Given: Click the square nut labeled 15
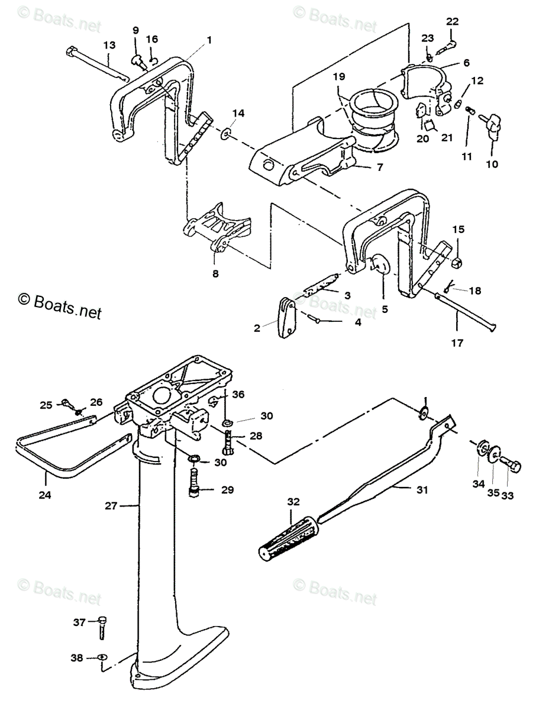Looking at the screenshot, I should [458, 261].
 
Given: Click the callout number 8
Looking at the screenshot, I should [216, 273].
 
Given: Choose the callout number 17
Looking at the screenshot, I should [457, 342].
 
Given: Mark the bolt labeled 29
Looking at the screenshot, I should [195, 480].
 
